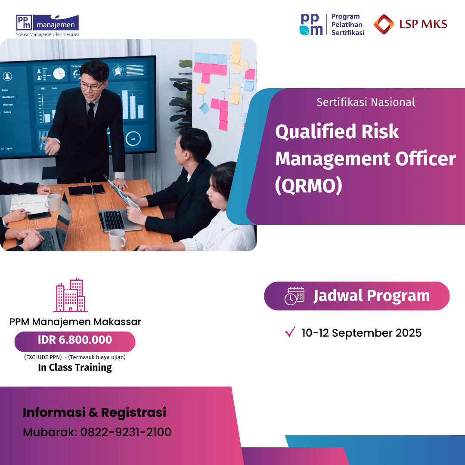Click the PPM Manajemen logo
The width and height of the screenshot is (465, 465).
tap(47, 25)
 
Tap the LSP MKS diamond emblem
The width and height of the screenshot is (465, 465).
tap(384, 24)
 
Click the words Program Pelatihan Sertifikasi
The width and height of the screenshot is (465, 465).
tap(347, 25)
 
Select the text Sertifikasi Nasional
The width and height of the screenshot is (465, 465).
tap(366, 102)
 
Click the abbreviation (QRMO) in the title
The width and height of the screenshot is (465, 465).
tap(308, 186)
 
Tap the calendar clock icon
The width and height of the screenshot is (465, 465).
tap(294, 296)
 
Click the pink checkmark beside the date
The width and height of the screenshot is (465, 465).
tap(290, 332)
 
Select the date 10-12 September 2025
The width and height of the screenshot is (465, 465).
tap(362, 333)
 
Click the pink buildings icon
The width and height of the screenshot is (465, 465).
tap(71, 295)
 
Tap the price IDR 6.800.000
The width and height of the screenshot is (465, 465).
tap(75, 340)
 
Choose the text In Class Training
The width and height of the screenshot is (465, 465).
tap(75, 367)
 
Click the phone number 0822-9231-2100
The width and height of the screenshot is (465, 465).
tap(126, 432)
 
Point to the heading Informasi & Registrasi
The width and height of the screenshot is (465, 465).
tap(94, 412)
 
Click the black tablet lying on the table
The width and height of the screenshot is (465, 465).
tap(87, 190)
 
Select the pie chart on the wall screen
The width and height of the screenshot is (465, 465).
tap(59, 73)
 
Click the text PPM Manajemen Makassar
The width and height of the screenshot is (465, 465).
tap(75, 322)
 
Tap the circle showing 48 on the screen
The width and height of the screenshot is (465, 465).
tap(133, 139)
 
